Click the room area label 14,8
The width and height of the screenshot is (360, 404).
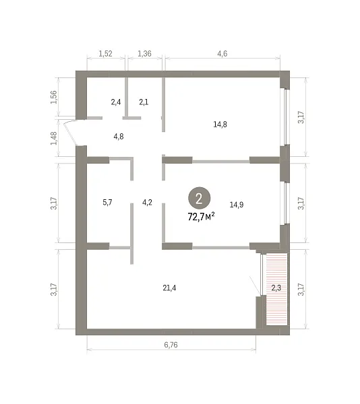(220, 125)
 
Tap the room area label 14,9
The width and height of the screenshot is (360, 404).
(237, 205)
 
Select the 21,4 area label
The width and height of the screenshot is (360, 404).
(169, 288)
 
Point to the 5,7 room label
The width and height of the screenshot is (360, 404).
(107, 203)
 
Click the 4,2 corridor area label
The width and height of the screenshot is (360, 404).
(147, 203)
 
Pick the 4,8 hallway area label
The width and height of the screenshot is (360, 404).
(119, 137)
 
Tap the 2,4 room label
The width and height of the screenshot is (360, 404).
(116, 102)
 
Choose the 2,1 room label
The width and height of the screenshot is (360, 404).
(144, 102)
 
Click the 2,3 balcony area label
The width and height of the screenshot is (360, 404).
(276, 288)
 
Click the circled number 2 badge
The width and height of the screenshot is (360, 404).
(199, 199)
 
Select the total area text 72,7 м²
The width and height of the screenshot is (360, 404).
(202, 217)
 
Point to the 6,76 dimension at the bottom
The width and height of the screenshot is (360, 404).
(171, 345)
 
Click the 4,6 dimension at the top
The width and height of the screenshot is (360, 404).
(222, 54)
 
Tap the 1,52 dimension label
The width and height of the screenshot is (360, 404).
(105, 54)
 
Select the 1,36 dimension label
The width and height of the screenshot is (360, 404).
(144, 54)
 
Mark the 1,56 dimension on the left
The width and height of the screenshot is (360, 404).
(54, 97)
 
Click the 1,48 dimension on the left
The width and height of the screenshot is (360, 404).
(54, 138)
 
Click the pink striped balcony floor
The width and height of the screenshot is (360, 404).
(276, 289)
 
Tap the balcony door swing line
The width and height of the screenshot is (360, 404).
(256, 285)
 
